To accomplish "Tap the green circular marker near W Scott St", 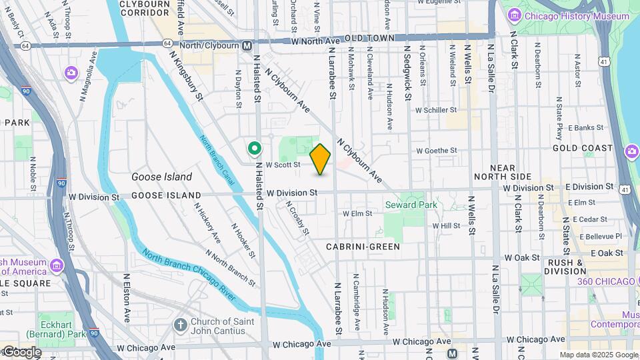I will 253,149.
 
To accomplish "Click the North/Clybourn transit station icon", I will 247,45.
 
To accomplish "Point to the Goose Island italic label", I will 161,177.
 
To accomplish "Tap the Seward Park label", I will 410,205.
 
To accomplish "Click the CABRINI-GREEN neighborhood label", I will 363,247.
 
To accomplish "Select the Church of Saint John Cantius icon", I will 180,325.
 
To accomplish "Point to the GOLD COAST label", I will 582,148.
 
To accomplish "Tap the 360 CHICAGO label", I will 606,281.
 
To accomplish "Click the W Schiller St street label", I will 435,110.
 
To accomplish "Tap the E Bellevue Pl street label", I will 600,236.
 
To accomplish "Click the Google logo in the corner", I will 21,351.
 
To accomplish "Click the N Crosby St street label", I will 298,219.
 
